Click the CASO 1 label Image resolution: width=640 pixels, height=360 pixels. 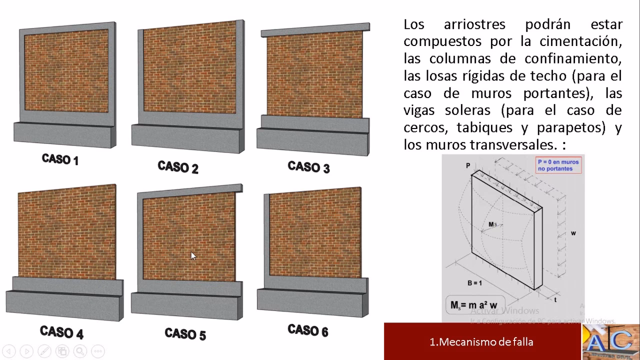point(60,159)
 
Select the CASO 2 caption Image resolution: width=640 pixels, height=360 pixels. point(178,167)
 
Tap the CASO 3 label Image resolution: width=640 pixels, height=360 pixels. point(308,167)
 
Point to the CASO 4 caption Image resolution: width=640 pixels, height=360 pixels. point(61,332)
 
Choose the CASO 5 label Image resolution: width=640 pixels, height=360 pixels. point(185,334)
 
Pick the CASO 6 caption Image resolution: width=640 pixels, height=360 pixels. point(308,330)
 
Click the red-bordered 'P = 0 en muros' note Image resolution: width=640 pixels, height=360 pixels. point(558,165)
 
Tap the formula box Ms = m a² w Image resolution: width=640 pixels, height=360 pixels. point(474,305)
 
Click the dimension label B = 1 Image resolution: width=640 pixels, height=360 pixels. point(474,283)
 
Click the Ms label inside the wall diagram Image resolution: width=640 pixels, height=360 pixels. point(493,225)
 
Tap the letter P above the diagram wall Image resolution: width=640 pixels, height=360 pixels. point(468,165)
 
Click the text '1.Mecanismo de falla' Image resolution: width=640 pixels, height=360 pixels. point(481,342)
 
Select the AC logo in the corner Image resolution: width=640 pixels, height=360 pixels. point(610,342)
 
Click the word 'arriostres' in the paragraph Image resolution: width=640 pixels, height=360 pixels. point(474,24)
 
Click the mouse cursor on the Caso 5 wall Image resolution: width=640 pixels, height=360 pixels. point(193,255)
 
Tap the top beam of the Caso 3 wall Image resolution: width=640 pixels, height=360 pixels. point(315,31)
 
